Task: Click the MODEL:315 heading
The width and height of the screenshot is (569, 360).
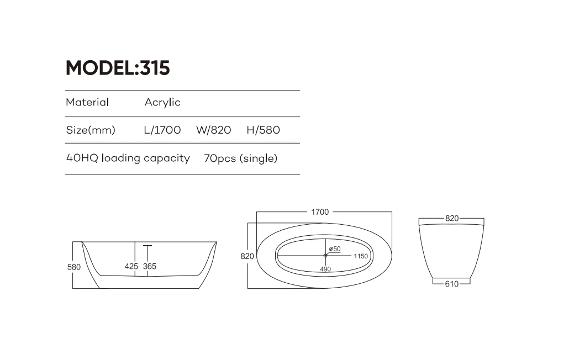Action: click(118, 68)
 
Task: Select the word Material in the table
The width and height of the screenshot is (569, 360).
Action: click(87, 102)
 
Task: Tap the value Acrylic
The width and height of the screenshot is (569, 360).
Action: click(162, 103)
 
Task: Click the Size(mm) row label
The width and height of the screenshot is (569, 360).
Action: click(91, 130)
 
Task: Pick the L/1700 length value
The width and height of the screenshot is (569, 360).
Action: click(162, 130)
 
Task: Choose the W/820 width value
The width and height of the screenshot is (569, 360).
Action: click(213, 130)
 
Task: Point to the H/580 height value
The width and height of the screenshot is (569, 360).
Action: click(263, 130)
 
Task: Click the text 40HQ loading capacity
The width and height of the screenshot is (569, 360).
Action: click(128, 158)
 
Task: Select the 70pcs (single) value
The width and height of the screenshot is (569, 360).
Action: click(240, 158)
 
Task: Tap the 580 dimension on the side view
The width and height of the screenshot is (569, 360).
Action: click(74, 267)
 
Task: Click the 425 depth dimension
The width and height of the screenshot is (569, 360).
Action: click(131, 266)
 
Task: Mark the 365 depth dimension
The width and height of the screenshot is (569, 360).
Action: click(150, 266)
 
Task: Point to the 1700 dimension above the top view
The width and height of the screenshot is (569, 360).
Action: click(320, 212)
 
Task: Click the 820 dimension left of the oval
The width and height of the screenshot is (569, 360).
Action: click(247, 256)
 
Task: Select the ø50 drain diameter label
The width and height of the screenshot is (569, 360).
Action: click(335, 248)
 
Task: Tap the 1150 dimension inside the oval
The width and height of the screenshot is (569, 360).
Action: click(361, 256)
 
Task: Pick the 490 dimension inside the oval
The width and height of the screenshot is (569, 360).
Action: click(325, 269)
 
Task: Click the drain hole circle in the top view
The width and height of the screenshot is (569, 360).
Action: click(325, 255)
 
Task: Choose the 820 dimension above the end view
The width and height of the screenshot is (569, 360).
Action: click(452, 218)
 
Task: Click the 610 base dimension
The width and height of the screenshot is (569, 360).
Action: click(451, 284)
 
